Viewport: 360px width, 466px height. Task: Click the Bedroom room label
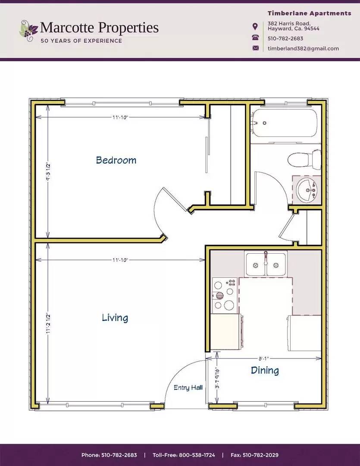point(116,160)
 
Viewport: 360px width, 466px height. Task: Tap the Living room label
point(115,318)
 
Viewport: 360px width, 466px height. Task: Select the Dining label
point(265,370)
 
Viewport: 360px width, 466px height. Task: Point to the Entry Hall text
point(188,387)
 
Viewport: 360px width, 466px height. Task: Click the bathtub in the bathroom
point(285,123)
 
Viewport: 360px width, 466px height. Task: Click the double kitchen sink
point(266,264)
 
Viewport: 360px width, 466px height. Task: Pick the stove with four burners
point(224,295)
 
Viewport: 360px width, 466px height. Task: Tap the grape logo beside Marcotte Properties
point(28,30)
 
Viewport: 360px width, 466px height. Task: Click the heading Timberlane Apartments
point(309,13)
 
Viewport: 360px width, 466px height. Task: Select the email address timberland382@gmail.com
point(303,48)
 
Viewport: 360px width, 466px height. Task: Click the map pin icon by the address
point(256,26)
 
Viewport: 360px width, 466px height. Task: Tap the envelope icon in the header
point(256,48)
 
